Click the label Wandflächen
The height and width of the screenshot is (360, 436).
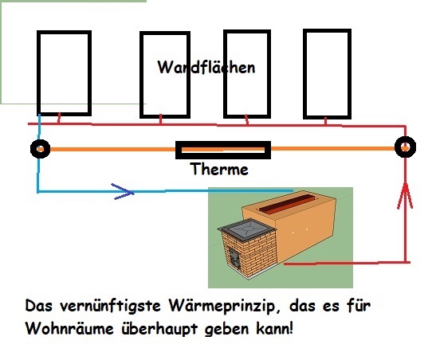(206, 67)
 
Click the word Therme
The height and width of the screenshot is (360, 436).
(219, 170)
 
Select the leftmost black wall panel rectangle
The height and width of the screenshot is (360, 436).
(61, 71)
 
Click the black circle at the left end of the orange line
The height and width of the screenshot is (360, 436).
(39, 149)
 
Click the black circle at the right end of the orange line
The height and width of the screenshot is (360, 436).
(406, 147)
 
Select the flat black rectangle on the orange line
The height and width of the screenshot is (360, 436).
(222, 149)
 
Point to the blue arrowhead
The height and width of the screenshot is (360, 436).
(122, 191)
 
